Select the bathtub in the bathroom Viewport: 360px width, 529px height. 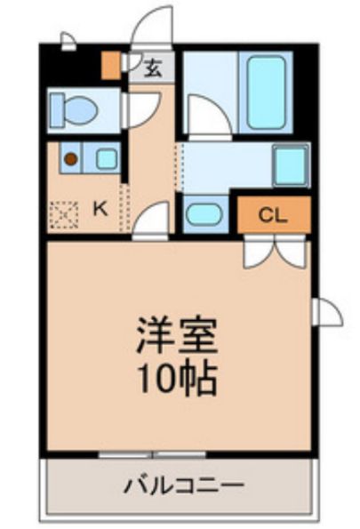coord(266,92)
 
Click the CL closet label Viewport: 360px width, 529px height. coord(273,215)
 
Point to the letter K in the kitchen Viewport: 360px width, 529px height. coord(100,210)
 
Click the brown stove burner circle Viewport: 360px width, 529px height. coord(71,158)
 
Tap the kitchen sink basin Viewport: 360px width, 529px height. coord(107,158)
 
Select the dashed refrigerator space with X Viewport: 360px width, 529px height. coord(64,214)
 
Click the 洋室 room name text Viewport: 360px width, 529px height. coord(177,335)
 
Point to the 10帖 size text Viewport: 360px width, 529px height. coord(177,379)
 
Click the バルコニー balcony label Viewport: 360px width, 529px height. coord(185,485)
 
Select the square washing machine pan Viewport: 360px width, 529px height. coord(292,165)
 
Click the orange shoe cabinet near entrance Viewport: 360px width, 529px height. coord(111,66)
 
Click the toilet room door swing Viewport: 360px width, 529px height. coord(141,110)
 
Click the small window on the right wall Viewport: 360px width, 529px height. coord(326,312)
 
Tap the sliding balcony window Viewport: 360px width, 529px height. coord(152,454)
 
